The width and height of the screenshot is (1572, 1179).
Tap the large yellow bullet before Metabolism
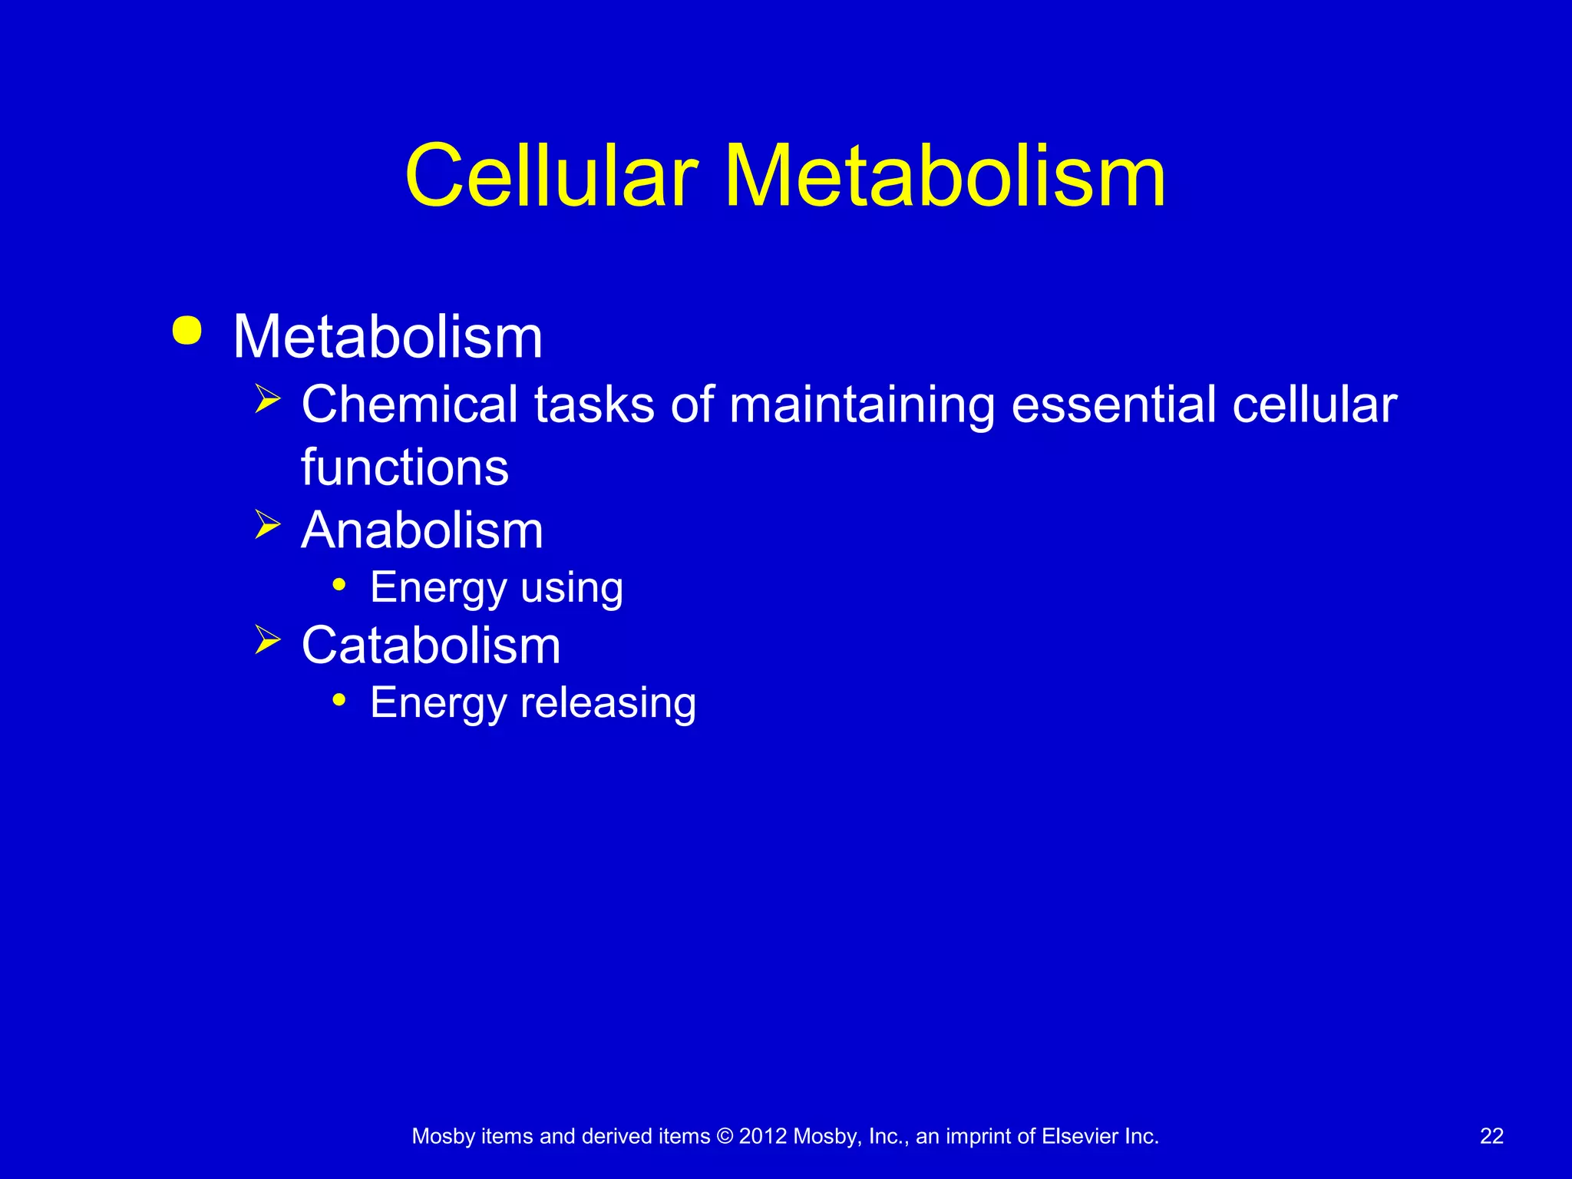187,331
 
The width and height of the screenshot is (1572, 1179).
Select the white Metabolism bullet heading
388,337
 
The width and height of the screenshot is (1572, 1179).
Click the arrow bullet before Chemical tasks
267,399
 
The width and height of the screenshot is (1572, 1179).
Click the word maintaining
861,405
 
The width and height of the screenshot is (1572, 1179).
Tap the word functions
405,467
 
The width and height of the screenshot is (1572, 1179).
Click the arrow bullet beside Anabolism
267,525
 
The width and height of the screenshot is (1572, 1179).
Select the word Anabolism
422,530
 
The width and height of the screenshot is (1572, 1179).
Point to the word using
572,589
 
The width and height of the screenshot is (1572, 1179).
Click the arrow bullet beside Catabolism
267,639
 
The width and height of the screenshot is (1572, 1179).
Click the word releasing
609,703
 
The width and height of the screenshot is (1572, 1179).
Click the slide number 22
1491,1137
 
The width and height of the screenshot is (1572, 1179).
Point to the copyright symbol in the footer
725,1137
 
